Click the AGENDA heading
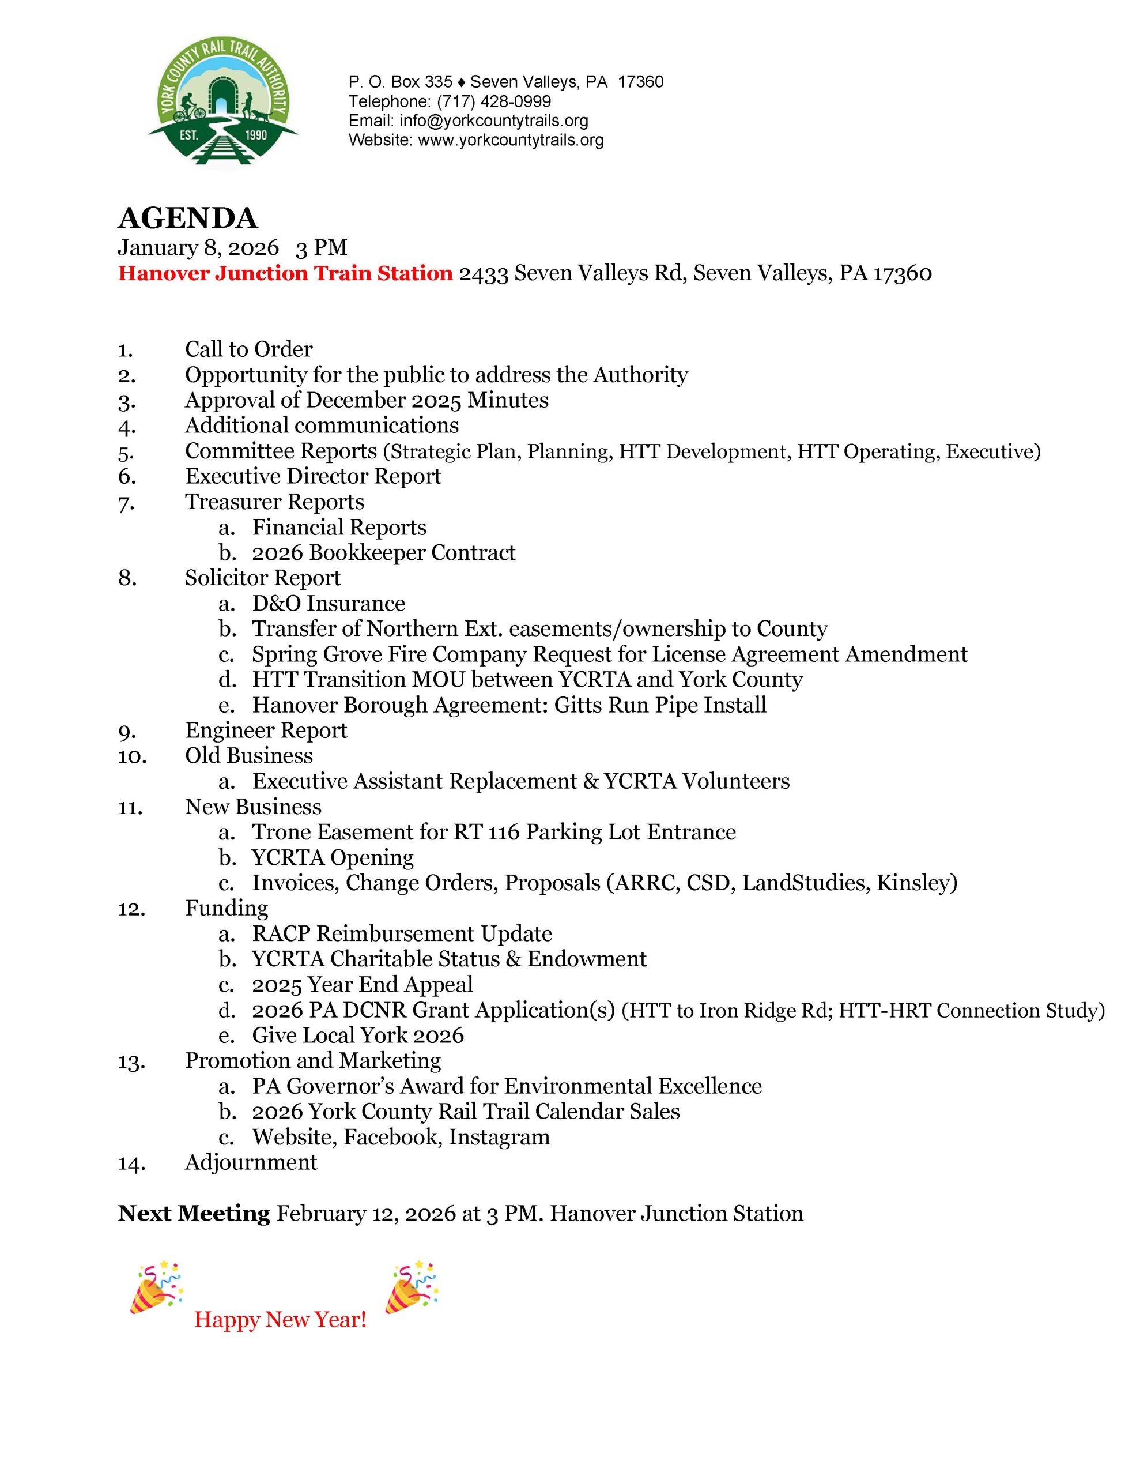pyautogui.click(x=187, y=217)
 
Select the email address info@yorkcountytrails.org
pyautogui.click(x=493, y=121)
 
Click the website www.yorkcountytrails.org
pyautogui.click(x=510, y=140)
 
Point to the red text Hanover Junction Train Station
pyautogui.click(x=285, y=273)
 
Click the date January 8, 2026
pyautogui.click(x=198, y=247)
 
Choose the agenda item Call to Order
pyautogui.click(x=248, y=349)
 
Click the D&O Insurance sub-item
pyautogui.click(x=329, y=603)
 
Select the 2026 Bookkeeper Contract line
pyautogui.click(x=383, y=552)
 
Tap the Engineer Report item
pyautogui.click(x=266, y=730)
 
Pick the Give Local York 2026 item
pyautogui.click(x=357, y=1035)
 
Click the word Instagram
pyautogui.click(x=499, y=1137)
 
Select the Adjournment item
pyautogui.click(x=251, y=1162)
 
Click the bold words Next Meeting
pyautogui.click(x=194, y=1213)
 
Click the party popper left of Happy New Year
pyautogui.click(x=156, y=1287)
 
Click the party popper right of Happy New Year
pyautogui.click(x=412, y=1287)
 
